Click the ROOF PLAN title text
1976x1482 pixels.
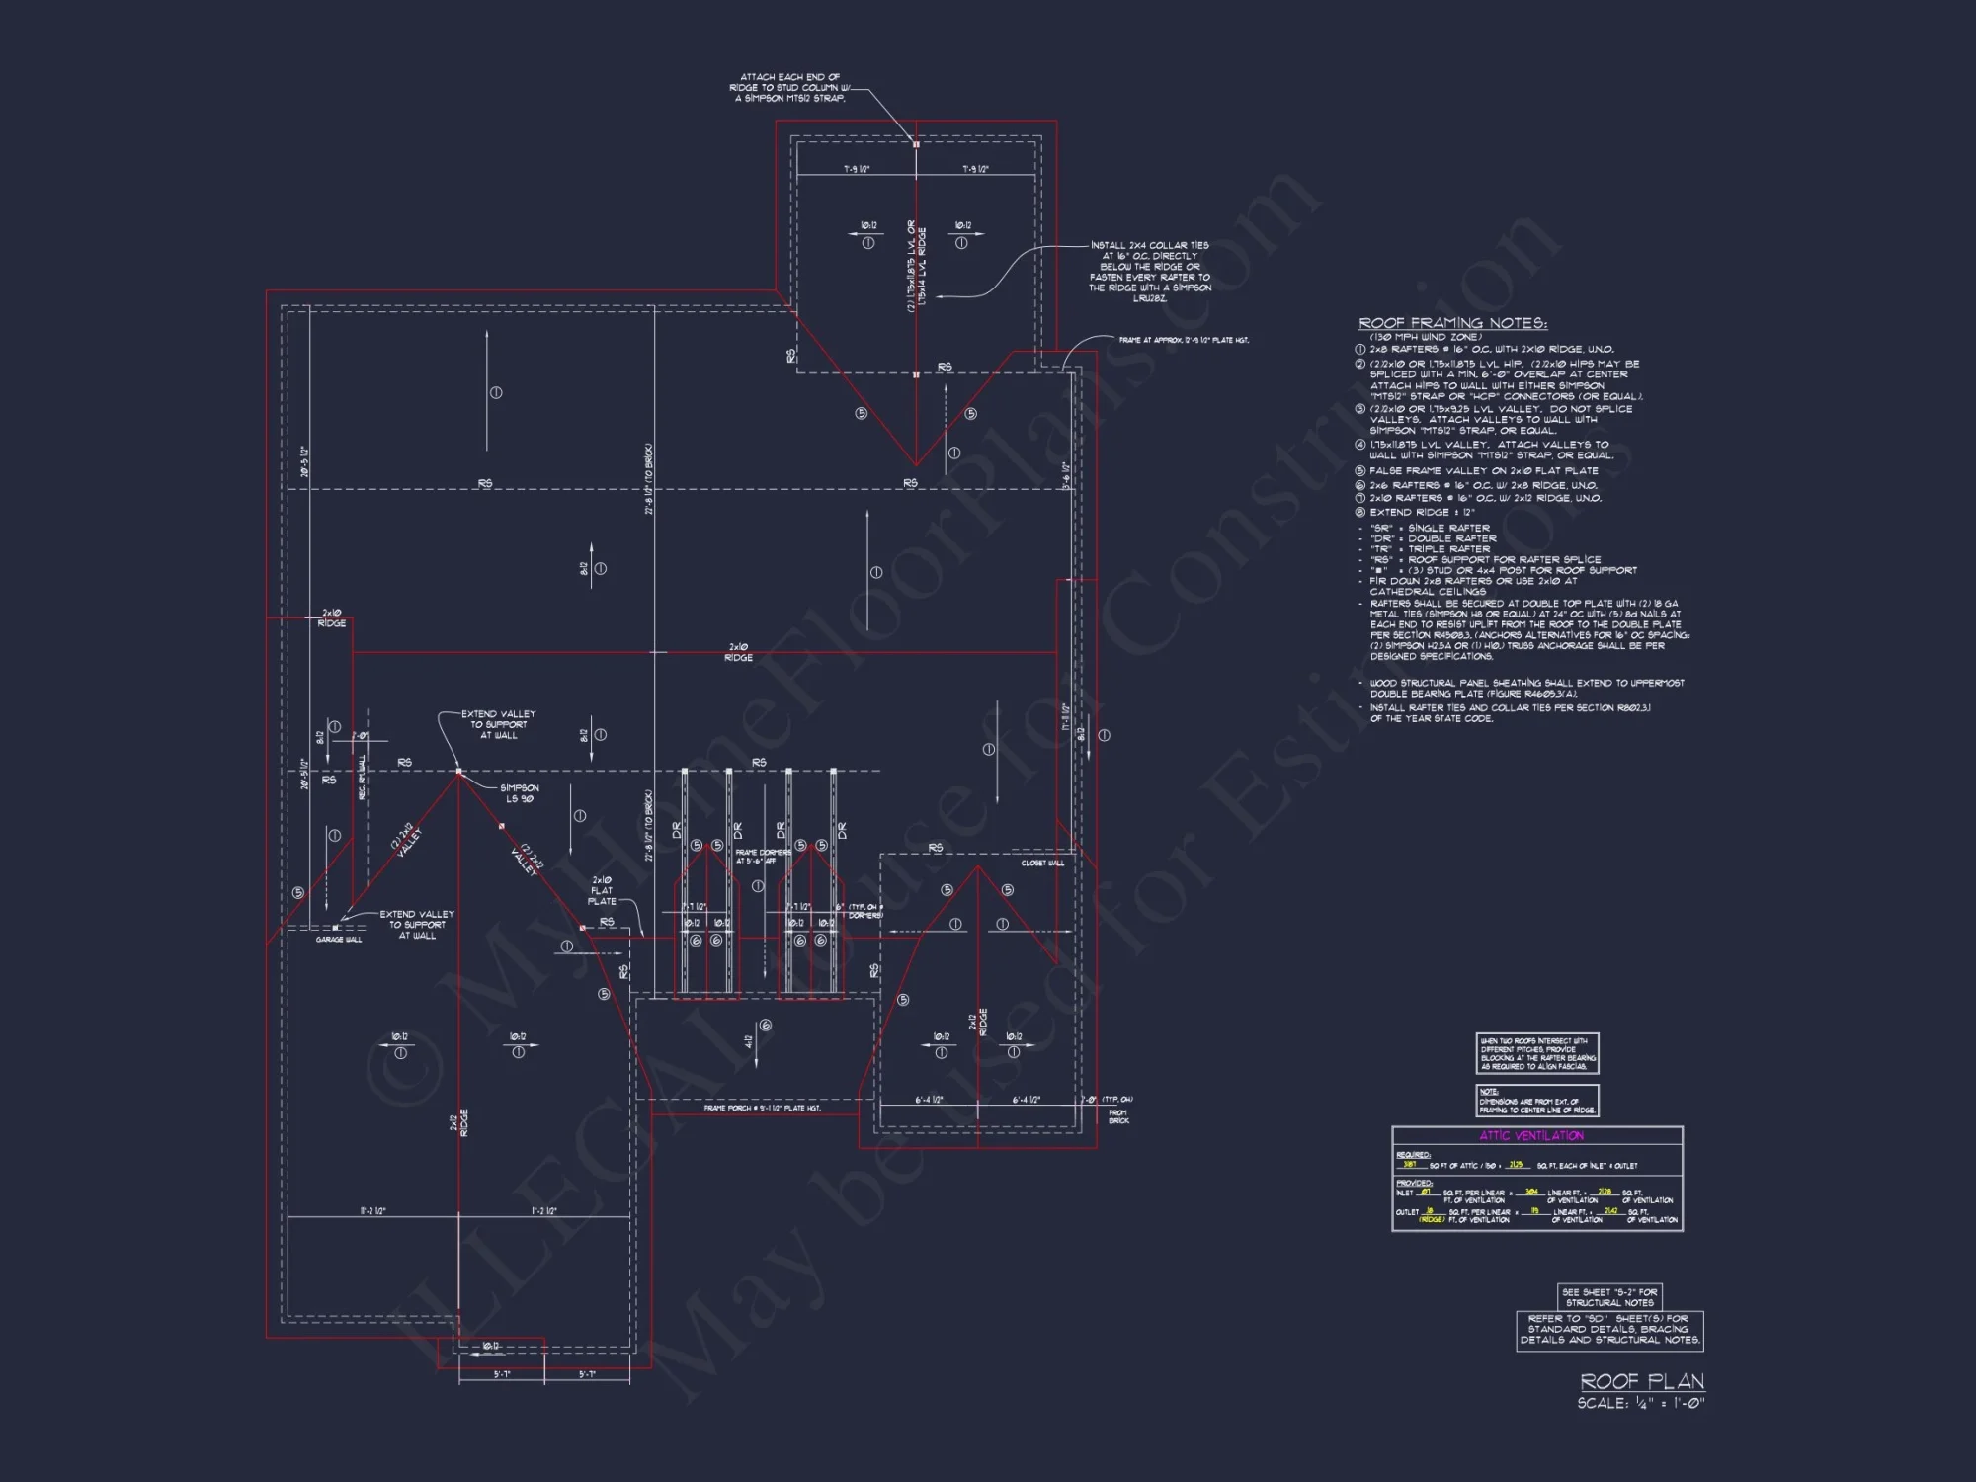1642,1381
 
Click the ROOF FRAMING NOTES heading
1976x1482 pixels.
1452,323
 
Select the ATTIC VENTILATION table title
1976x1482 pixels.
1531,1136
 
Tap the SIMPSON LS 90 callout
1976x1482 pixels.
520,793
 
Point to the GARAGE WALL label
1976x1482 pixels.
339,940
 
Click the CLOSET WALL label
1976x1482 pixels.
1042,863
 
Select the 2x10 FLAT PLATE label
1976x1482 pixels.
602,890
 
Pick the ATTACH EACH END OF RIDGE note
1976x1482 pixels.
789,88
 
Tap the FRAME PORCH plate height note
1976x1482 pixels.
762,1109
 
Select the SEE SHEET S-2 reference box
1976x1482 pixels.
1609,1297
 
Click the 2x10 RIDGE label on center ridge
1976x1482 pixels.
738,652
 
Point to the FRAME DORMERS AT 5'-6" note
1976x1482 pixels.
762,856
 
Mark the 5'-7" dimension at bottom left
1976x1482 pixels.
502,1374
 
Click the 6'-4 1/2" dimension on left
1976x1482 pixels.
928,1100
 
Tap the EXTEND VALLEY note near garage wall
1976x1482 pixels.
417,925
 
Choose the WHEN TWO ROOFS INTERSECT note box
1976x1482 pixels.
1536,1053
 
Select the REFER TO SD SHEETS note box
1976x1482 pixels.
1609,1330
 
